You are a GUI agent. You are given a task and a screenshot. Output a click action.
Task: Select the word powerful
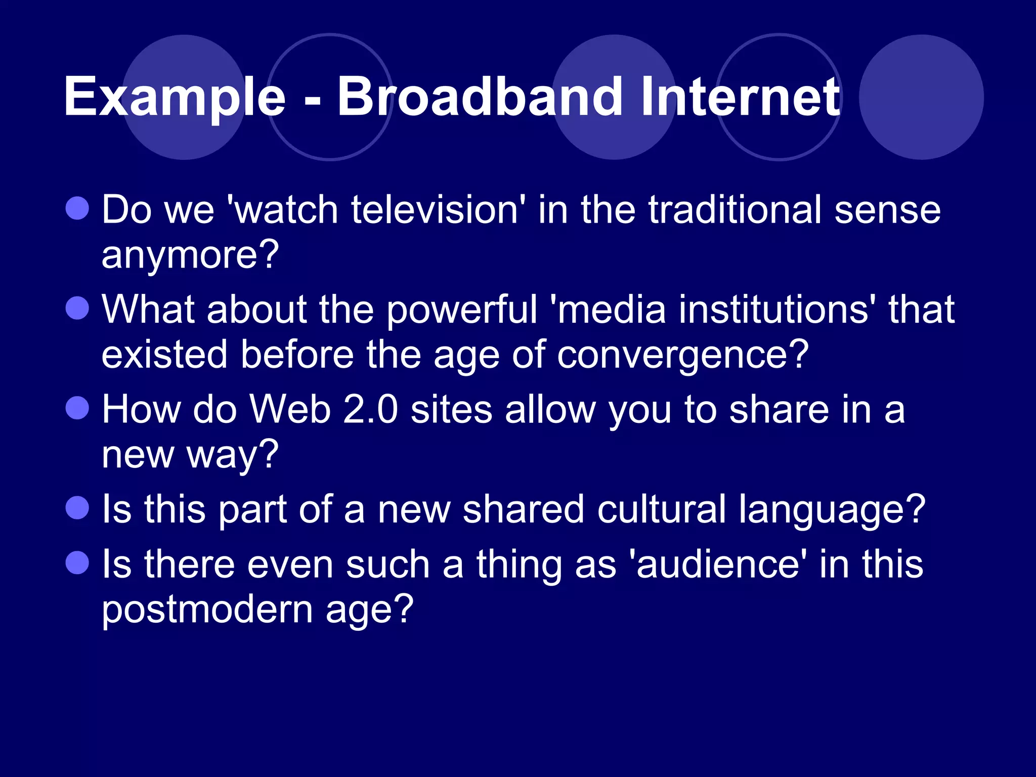[x=462, y=310]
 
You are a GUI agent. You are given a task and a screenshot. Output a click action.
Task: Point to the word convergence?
[x=683, y=355]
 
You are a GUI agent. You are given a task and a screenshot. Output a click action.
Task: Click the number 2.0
[x=370, y=409]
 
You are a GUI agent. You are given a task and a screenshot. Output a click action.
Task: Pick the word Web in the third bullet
[x=290, y=409]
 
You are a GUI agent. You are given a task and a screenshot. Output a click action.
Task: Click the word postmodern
[x=207, y=610]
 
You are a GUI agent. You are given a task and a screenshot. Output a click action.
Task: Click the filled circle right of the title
[x=921, y=97]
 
